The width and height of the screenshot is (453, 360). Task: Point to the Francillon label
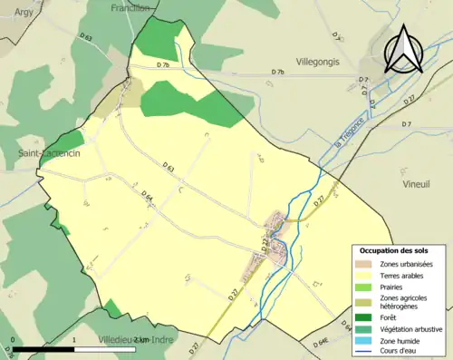click(x=130, y=7)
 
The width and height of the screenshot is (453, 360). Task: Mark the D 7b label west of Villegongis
click(x=277, y=72)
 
